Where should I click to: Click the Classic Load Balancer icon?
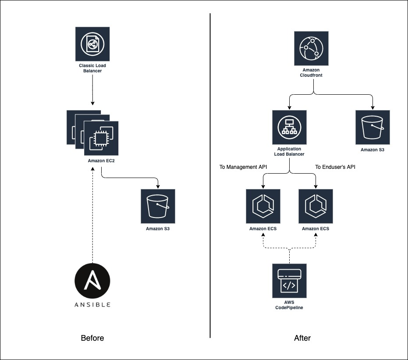(x=92, y=44)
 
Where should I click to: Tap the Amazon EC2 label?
(x=101, y=161)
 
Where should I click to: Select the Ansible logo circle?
(x=92, y=281)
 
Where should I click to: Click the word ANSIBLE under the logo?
(x=92, y=304)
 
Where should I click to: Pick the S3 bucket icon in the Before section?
(x=158, y=206)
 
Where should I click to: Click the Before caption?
(x=92, y=338)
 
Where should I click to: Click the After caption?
(x=302, y=338)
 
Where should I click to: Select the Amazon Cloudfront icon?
(x=311, y=48)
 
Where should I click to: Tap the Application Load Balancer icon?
(x=289, y=127)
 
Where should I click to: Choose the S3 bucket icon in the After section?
(x=373, y=127)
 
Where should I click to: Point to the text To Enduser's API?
(x=335, y=167)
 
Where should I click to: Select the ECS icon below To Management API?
(x=263, y=206)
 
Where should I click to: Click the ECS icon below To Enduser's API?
(x=316, y=206)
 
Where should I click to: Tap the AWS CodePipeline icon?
(x=289, y=281)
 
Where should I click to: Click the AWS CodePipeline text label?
(x=289, y=305)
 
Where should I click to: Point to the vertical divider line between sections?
(x=210, y=175)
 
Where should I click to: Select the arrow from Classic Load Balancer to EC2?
(x=92, y=90)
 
